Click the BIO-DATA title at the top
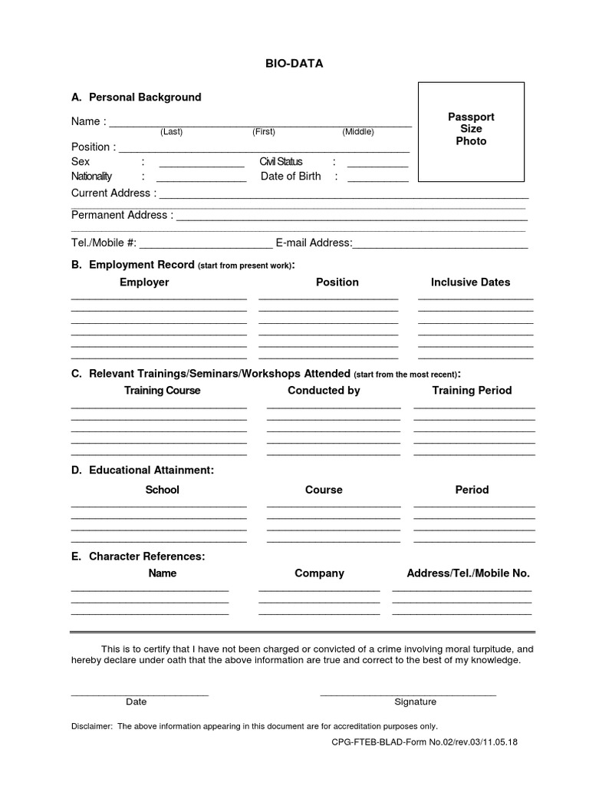[x=294, y=64]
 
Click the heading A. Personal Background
[x=137, y=97]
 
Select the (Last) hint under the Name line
[x=171, y=132]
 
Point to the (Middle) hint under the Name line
[x=358, y=132]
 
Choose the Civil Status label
[x=281, y=162]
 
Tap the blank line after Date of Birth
[x=377, y=179]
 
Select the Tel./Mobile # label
[x=104, y=243]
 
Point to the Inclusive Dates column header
[x=470, y=282]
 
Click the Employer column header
[x=144, y=282]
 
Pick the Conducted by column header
[x=324, y=391]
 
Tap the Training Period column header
[x=472, y=391]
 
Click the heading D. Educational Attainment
[x=143, y=470]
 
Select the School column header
[x=162, y=490]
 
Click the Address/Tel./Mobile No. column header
[x=468, y=573]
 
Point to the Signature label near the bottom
[x=415, y=702]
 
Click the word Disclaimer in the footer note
[x=91, y=726]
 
